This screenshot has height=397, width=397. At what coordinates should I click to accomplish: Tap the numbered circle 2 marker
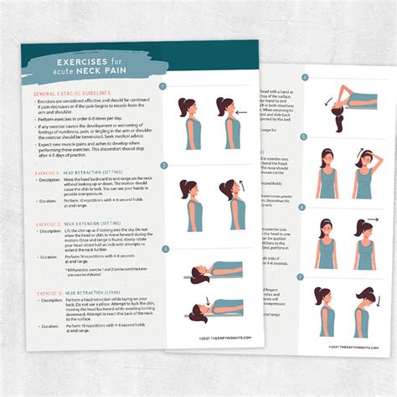(165, 166)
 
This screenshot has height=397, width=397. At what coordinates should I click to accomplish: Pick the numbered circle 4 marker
(305, 78)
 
